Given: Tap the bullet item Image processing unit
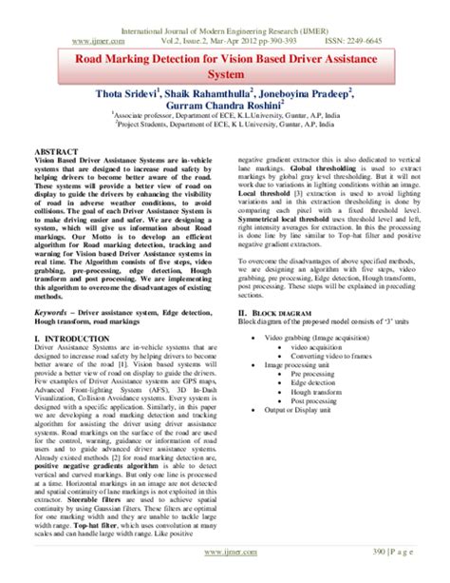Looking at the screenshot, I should [x=301, y=338].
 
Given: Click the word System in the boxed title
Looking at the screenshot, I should [x=225, y=72].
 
